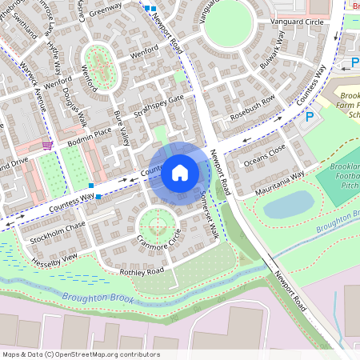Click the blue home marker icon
point(180,172)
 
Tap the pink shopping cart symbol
point(48,145)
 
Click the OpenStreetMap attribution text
point(80,354)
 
